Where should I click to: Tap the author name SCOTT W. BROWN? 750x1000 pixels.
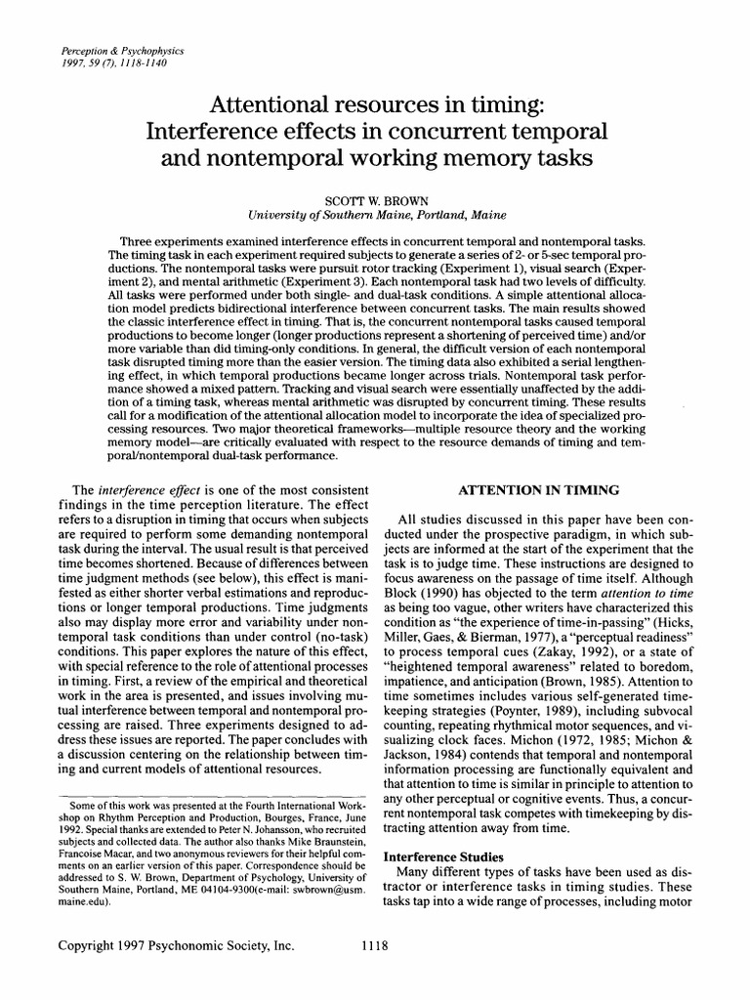point(374,200)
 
